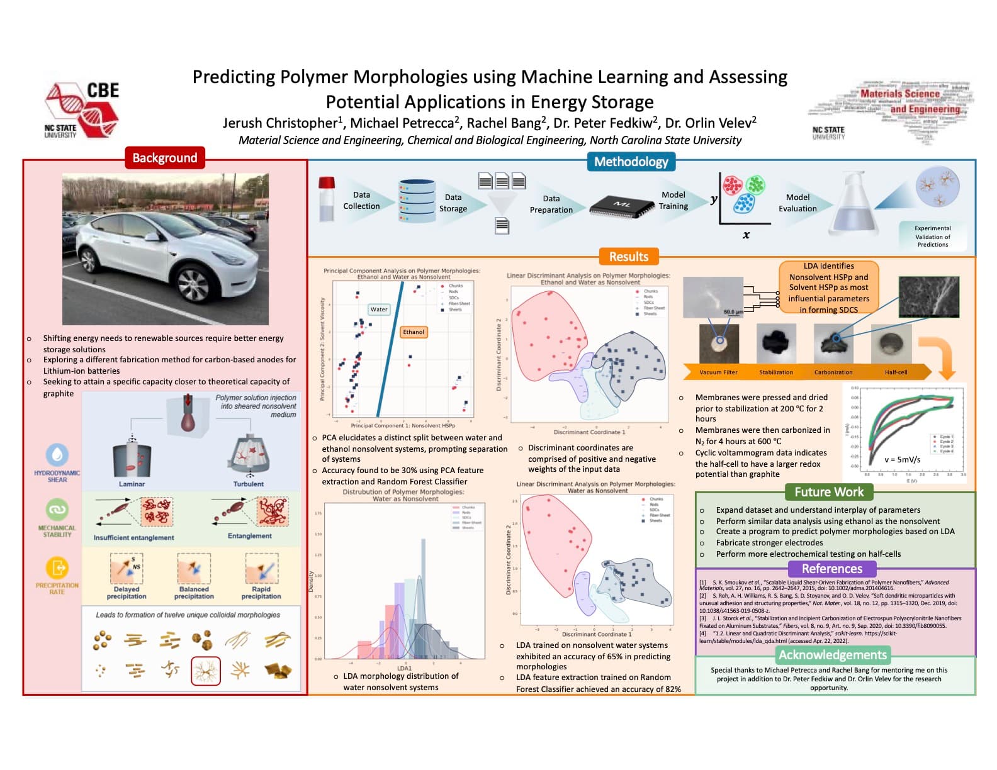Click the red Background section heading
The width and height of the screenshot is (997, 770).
[x=164, y=158]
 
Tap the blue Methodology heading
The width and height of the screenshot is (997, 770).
[x=631, y=162]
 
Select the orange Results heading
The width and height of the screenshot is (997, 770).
[x=628, y=257]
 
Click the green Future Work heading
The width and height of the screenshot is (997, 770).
[x=829, y=492]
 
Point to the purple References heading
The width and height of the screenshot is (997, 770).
[x=831, y=569]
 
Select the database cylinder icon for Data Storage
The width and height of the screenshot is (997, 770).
[x=417, y=201]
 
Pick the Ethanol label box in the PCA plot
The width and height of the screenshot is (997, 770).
[x=414, y=332]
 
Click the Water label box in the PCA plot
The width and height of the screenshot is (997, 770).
[x=379, y=310]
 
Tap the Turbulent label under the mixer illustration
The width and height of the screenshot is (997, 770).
[x=249, y=484]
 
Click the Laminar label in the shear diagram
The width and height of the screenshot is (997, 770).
[x=132, y=484]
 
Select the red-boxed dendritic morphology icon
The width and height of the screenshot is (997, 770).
[x=205, y=671]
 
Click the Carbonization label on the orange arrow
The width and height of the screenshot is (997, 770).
[x=833, y=372]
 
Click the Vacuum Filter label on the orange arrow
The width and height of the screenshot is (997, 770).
[x=718, y=372]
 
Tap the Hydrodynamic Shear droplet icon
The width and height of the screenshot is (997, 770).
[x=57, y=454]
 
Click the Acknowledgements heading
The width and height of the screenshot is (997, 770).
[x=832, y=655]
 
